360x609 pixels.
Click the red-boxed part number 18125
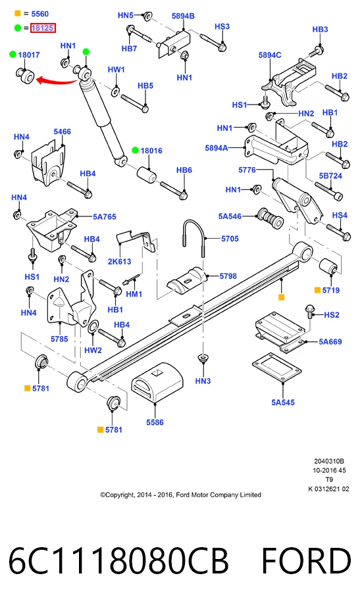click(43, 28)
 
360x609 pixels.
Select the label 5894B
click(183, 16)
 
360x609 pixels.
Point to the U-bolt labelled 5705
click(193, 237)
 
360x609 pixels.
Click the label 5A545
click(282, 402)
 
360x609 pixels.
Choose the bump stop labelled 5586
click(157, 383)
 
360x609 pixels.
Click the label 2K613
click(119, 261)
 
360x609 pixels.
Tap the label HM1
click(134, 294)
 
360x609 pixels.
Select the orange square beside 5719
click(318, 290)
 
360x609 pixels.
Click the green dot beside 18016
click(136, 151)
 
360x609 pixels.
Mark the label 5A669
click(330, 342)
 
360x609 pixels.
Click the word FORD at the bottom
click(306, 560)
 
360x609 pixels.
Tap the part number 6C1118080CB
click(118, 560)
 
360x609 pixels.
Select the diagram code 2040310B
click(329, 462)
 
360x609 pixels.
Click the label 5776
click(247, 170)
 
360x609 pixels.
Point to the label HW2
click(93, 350)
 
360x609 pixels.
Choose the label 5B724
click(330, 176)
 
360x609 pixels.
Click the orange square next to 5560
click(18, 14)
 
